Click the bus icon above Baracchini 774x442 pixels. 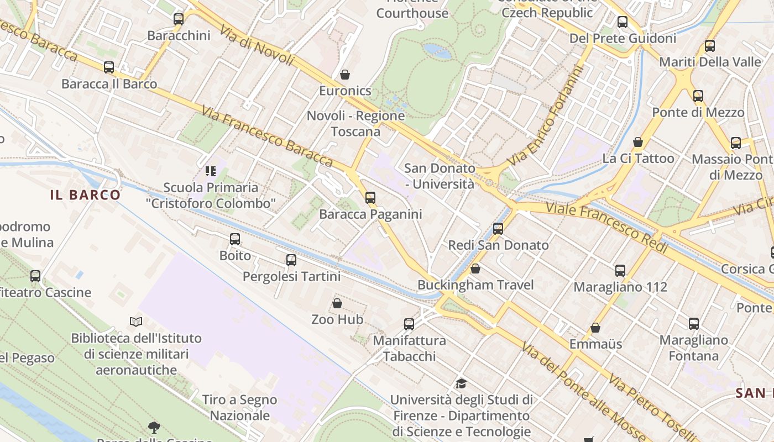pyautogui.click(x=178, y=19)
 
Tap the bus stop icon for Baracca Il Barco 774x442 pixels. pyautogui.click(x=109, y=67)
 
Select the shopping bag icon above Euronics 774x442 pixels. pyautogui.click(x=345, y=74)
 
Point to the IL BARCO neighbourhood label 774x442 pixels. pyautogui.click(x=85, y=194)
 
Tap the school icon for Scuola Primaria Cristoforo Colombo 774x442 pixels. pyautogui.click(x=210, y=171)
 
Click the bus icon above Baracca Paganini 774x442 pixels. pyautogui.click(x=370, y=197)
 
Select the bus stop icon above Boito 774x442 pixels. pyautogui.click(x=235, y=239)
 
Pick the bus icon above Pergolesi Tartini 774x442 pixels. pyautogui.click(x=291, y=260)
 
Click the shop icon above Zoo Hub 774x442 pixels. pyautogui.click(x=337, y=303)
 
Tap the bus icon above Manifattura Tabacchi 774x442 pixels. pyautogui.click(x=409, y=324)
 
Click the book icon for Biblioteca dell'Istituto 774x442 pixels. pyautogui.click(x=136, y=322)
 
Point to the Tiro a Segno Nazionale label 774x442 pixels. pyautogui.click(x=239, y=407)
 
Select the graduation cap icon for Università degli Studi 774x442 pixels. pyautogui.click(x=461, y=383)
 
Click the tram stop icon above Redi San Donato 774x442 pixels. pyautogui.click(x=498, y=229)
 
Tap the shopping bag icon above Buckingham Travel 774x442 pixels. pyautogui.click(x=475, y=269)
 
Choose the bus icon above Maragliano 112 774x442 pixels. pyautogui.click(x=620, y=270)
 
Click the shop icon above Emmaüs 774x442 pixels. pyautogui.click(x=595, y=328)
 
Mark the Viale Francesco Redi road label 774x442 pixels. pyautogui.click(x=606, y=227)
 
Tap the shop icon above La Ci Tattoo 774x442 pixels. pyautogui.click(x=638, y=142)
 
